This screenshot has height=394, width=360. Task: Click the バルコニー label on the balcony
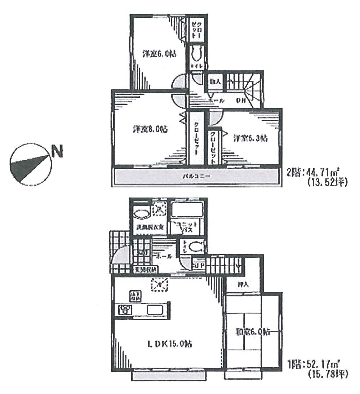point(196,176)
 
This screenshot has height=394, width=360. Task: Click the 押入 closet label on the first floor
point(243,284)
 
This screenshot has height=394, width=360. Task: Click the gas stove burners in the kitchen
point(126,309)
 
